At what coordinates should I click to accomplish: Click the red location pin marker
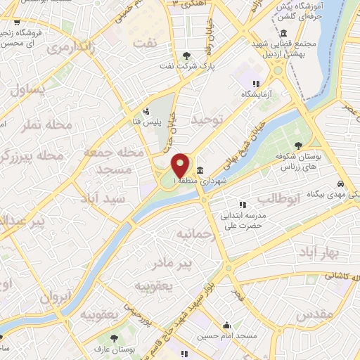coord(181,166)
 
